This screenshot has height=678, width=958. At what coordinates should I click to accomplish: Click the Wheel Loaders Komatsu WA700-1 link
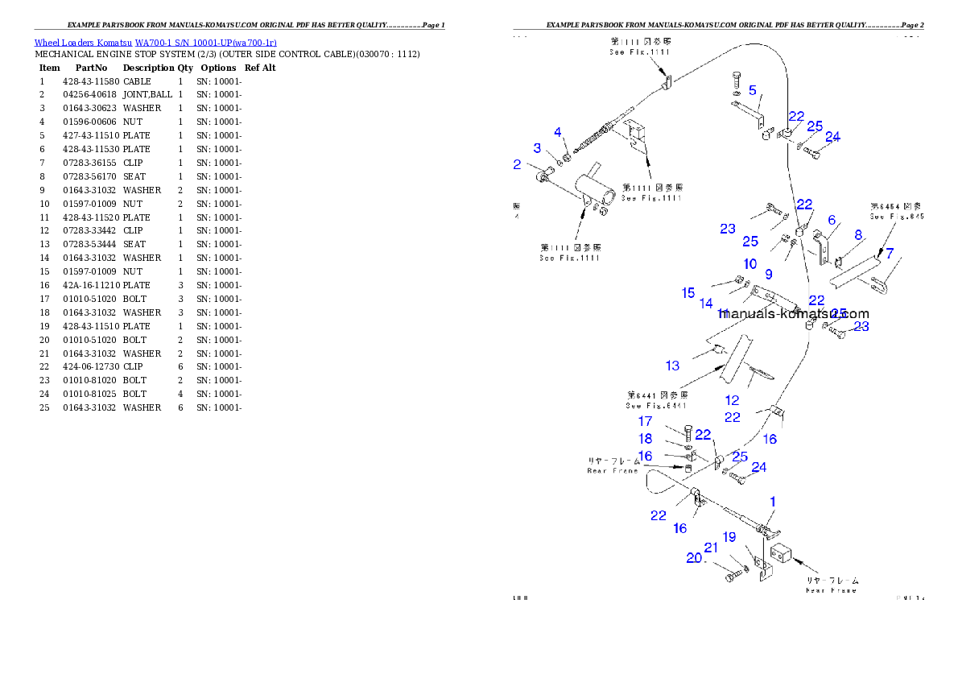click(155, 43)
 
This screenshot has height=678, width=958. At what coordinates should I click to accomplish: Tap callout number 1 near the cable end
click(772, 502)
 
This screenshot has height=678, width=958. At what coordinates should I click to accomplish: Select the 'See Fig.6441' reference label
click(657, 401)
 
